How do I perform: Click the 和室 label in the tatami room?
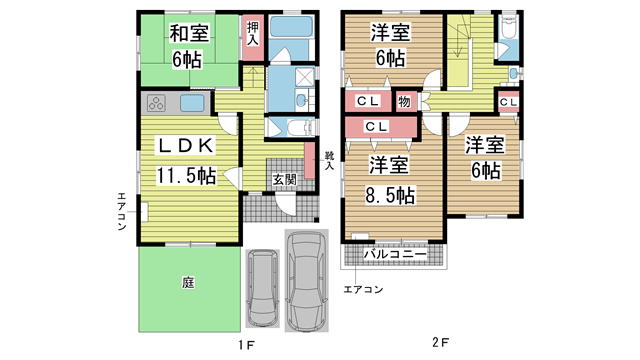click(189, 33)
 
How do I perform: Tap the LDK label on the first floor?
click(186, 146)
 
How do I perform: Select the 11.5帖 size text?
click(186, 176)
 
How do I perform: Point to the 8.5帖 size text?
click(390, 196)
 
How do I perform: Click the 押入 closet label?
click(253, 33)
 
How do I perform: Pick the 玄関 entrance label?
click(284, 179)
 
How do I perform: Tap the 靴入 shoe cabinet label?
click(329, 160)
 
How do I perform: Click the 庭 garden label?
click(188, 282)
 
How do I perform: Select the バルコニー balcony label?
click(395, 254)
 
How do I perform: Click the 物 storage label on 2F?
click(404, 101)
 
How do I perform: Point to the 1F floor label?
click(247, 345)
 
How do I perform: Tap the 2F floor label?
click(440, 342)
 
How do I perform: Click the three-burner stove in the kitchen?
click(156, 103)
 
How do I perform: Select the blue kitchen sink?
click(192, 103)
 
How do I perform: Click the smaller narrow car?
click(262, 288)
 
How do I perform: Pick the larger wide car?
click(307, 280)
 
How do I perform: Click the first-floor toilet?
click(299, 128)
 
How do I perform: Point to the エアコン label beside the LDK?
click(122, 211)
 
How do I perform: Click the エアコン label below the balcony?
click(363, 289)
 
